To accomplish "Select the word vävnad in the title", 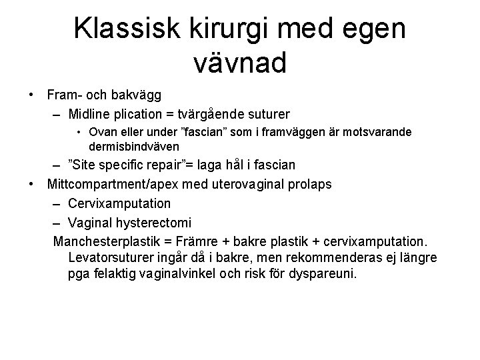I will point(239,63).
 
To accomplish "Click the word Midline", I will point(90,114).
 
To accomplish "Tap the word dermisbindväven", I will point(133,145).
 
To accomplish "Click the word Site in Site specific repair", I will point(85,165).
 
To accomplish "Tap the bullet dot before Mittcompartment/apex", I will point(31,183).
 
